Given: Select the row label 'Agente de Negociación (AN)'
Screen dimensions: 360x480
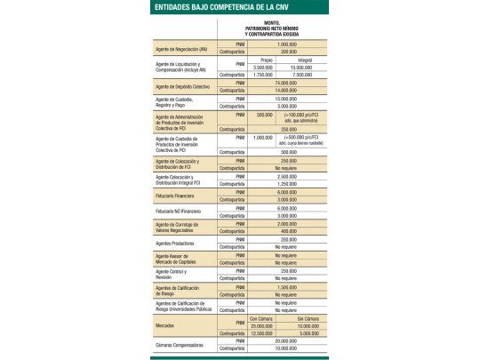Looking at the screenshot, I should pyautogui.click(x=182, y=48).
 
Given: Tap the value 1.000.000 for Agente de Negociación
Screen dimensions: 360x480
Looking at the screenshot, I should pyautogui.click(x=287, y=44).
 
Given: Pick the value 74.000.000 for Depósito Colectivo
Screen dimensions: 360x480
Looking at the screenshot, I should pyautogui.click(x=287, y=83).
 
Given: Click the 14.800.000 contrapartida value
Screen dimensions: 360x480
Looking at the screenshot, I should pyautogui.click(x=287, y=90).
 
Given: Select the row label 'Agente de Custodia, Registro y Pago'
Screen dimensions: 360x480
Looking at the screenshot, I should pyautogui.click(x=180, y=101).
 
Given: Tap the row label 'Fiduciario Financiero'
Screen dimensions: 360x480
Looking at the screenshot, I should pyautogui.click(x=177, y=194).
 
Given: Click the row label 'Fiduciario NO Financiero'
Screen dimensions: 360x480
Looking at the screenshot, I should pyautogui.click(x=180, y=211).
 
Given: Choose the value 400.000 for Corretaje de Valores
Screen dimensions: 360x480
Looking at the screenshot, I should pyautogui.click(x=287, y=231).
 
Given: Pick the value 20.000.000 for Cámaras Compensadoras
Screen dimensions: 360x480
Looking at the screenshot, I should pyautogui.click(x=287, y=340).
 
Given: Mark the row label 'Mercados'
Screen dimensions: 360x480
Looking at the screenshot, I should pyautogui.click(x=168, y=324).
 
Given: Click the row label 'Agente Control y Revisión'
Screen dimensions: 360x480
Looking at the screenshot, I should pyautogui.click(x=177, y=274).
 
